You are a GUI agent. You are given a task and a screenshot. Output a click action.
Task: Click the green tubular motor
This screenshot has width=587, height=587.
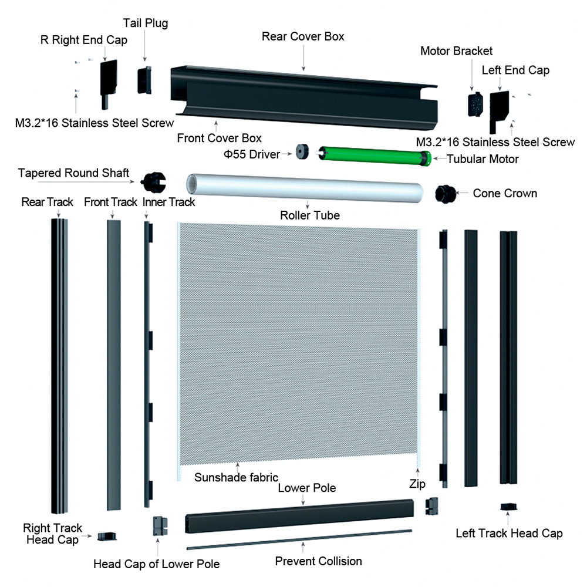[375, 156]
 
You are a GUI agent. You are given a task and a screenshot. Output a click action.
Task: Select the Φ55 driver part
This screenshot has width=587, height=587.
[302, 152]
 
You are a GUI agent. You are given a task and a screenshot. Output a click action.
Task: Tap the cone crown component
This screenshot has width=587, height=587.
[446, 194]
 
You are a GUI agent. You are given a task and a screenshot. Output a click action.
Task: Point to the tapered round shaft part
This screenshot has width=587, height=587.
[153, 183]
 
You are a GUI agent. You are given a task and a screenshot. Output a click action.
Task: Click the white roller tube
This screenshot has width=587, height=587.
[305, 188]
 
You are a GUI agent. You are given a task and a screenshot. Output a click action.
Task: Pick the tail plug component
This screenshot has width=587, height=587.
[144, 80]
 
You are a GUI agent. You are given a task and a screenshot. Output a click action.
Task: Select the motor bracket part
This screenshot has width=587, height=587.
[475, 104]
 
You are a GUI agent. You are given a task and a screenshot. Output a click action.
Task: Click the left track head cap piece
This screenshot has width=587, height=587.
[509, 507]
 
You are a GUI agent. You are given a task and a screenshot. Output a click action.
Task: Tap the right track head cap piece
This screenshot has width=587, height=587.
[107, 537]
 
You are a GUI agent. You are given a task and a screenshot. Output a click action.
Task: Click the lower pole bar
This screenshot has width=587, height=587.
[299, 516]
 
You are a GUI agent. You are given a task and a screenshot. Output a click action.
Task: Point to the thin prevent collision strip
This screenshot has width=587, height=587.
[299, 539]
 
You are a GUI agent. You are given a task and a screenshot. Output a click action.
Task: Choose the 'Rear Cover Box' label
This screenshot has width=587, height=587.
[303, 36]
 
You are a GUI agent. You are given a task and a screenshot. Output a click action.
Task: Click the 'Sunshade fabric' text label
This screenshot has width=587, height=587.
[236, 477]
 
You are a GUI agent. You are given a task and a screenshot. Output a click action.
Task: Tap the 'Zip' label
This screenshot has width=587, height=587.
[417, 484]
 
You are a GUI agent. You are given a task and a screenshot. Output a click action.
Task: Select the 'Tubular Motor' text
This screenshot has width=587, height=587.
[483, 159]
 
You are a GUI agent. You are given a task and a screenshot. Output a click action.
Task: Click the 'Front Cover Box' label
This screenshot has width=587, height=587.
[220, 138]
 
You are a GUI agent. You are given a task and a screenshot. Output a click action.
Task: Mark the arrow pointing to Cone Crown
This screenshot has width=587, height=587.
[463, 193]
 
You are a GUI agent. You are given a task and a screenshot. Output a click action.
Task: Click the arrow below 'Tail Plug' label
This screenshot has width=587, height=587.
[145, 46]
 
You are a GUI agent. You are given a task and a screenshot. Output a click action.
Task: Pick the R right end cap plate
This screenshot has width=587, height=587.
[108, 84]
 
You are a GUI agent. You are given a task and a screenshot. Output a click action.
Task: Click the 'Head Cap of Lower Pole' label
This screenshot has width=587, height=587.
[157, 564]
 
